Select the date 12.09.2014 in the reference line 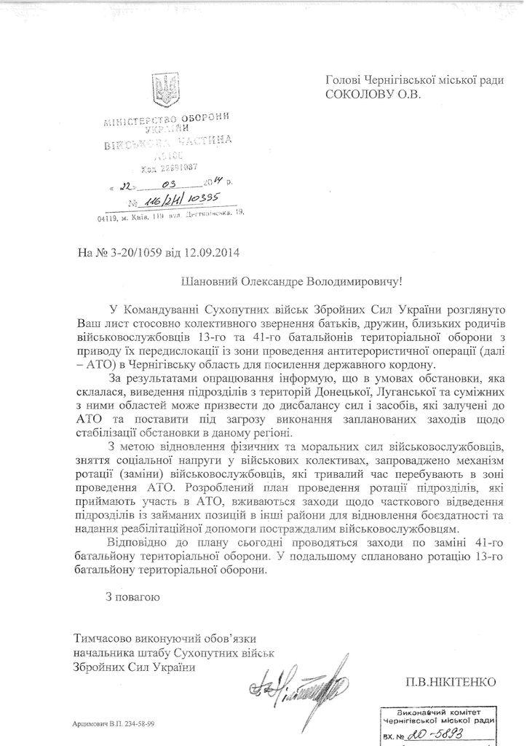pos(211,254)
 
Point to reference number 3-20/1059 pos(135,254)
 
